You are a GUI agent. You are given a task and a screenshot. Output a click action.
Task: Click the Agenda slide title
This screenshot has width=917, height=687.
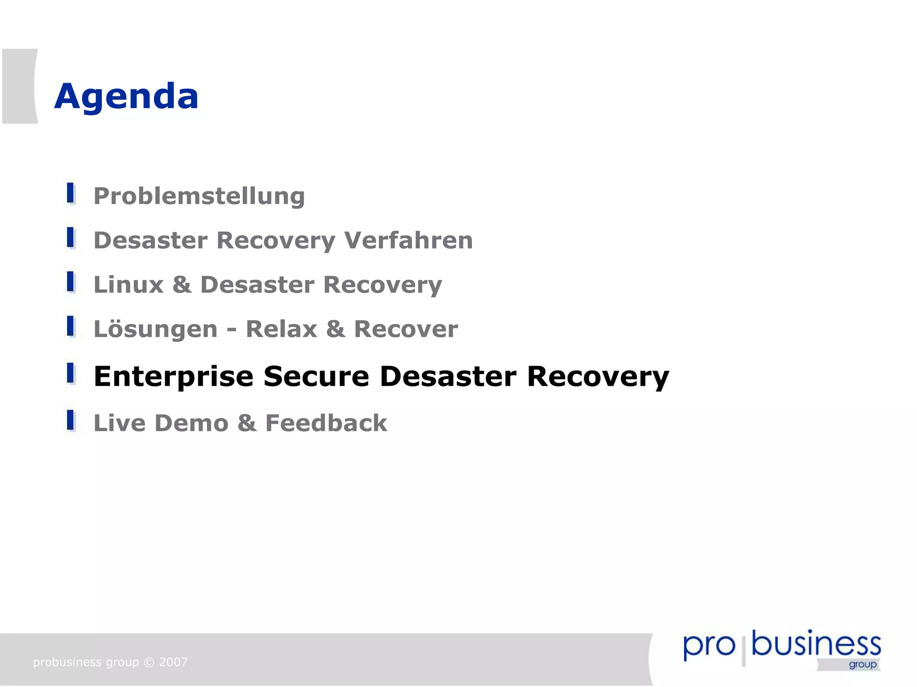pos(126,97)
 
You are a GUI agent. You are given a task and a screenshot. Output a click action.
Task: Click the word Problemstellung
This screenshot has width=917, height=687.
pos(199,196)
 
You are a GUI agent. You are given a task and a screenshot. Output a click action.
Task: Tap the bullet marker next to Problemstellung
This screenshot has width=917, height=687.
pos(70,193)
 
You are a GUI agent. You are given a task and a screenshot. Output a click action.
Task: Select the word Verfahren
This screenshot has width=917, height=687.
pos(408,240)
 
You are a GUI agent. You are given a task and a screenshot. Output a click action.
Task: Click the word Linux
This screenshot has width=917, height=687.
pos(129,285)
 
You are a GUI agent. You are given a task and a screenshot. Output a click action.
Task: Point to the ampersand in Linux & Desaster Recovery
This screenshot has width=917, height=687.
pos(182,285)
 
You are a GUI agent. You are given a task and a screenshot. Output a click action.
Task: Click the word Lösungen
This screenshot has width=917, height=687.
pos(155,329)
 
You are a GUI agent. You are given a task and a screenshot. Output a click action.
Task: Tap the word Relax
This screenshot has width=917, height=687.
pos(281,329)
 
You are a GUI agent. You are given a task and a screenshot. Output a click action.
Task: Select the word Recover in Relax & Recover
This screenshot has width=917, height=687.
pos(406,329)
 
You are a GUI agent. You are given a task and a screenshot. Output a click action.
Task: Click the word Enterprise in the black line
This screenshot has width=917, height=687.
pos(173,377)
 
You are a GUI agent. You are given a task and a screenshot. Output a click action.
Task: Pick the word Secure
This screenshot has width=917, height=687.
pos(316,377)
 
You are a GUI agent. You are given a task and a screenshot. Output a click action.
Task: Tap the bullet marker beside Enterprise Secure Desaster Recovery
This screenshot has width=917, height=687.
pos(70,373)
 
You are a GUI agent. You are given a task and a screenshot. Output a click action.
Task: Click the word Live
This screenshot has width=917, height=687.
pos(119,423)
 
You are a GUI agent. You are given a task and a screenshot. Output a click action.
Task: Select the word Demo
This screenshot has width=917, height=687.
pos(192,423)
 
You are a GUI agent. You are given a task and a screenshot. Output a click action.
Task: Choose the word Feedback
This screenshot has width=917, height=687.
pos(326,423)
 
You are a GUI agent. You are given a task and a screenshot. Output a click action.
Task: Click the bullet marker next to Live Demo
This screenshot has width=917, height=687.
pos(70,420)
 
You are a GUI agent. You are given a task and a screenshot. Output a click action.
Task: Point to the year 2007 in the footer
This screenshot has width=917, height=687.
pos(174,662)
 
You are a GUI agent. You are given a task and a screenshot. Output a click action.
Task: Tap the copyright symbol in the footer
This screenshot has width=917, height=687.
pos(149,662)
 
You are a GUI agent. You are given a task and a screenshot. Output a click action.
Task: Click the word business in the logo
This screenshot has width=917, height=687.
pos(816,644)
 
